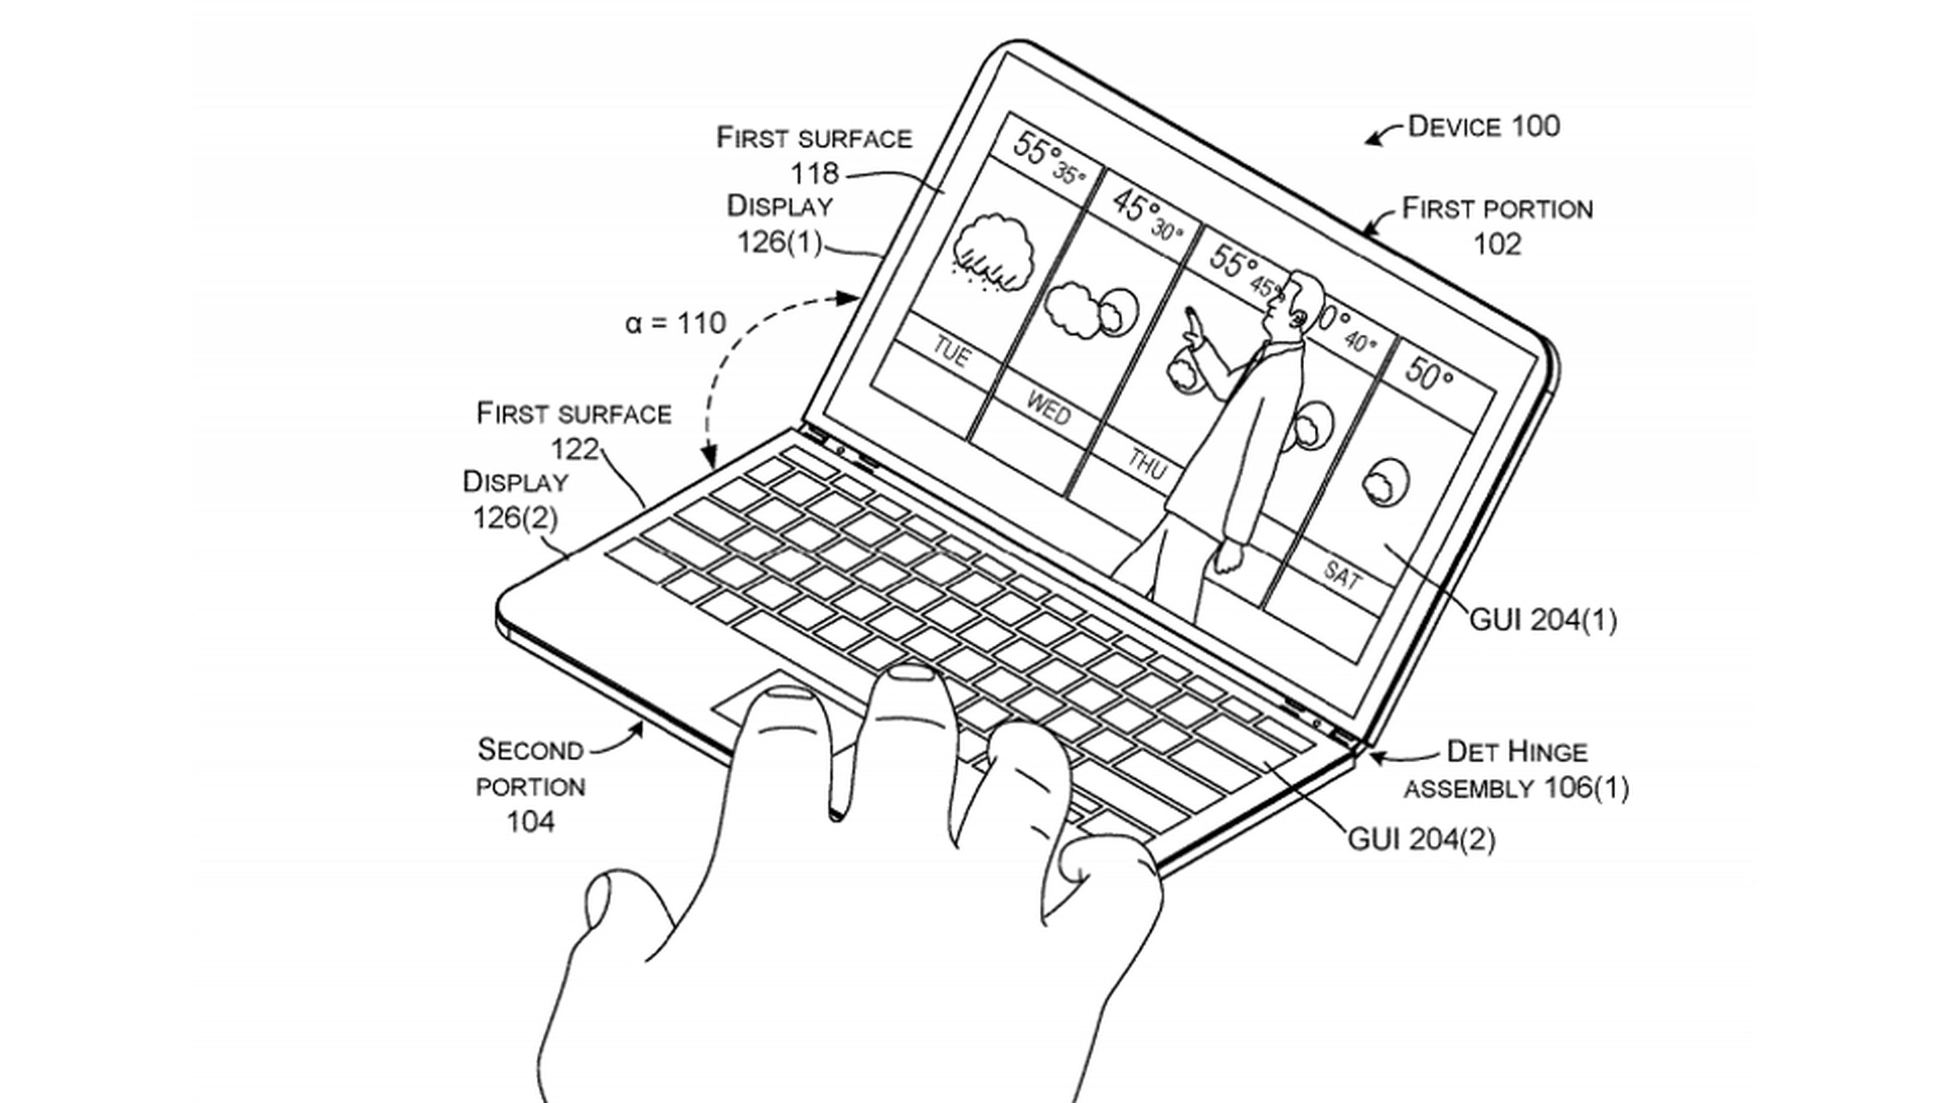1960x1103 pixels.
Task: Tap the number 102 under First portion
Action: [1497, 245]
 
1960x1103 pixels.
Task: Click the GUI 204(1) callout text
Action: [1542, 621]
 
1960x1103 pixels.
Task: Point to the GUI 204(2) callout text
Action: [1420, 840]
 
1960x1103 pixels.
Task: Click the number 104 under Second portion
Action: [530, 822]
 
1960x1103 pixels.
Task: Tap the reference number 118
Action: [814, 174]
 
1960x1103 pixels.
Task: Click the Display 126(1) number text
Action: [780, 242]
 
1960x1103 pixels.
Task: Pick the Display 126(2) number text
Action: [515, 519]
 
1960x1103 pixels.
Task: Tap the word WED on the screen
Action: [1048, 410]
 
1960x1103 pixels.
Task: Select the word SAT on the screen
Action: [1341, 574]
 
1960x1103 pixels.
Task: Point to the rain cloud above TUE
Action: [993, 251]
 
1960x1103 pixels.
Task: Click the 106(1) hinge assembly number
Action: [1586, 788]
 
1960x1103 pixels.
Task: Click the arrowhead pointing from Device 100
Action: [1369, 141]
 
